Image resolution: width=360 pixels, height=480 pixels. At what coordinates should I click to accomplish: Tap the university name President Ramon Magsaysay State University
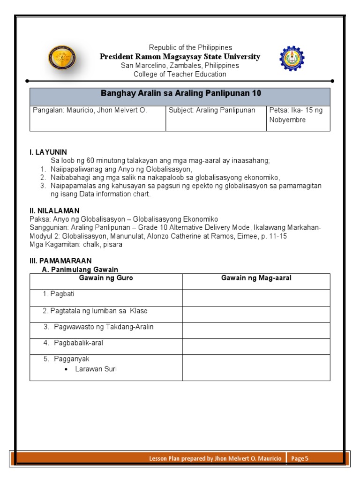coord(180,57)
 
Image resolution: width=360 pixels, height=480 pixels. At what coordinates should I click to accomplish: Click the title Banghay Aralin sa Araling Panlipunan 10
coord(180,93)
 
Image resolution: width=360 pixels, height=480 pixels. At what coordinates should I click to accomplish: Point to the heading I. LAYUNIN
coord(48,152)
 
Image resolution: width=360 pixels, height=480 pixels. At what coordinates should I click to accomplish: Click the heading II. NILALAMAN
coord(54,211)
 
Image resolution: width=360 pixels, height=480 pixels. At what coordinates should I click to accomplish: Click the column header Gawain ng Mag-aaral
coord(256,278)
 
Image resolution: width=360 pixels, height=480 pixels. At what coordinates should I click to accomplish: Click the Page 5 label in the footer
coord(300,459)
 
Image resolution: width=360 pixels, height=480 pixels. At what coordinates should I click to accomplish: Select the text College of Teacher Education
coord(180,74)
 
